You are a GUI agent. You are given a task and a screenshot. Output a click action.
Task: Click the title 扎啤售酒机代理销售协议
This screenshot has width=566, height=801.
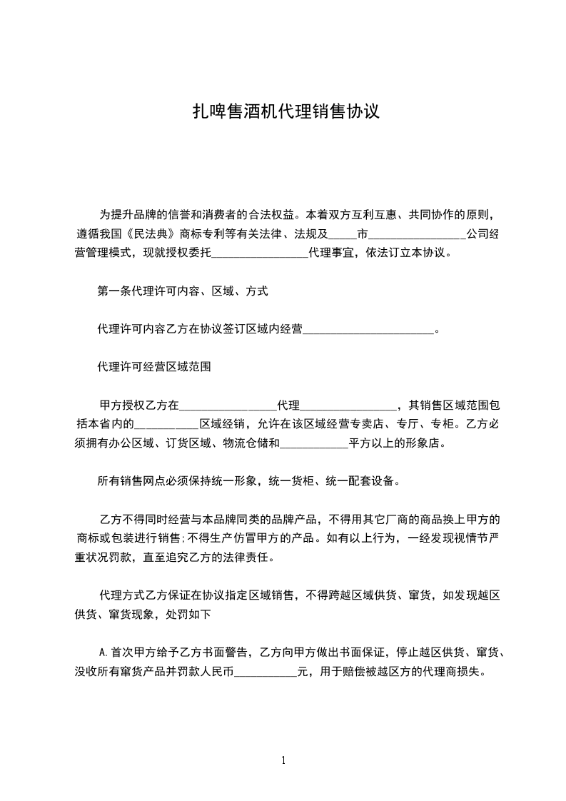coord(283,112)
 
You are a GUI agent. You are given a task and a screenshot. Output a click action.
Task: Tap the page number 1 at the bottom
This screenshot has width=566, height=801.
coord(283,760)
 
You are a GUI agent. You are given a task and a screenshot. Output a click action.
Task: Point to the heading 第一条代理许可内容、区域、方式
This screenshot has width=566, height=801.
coord(183,291)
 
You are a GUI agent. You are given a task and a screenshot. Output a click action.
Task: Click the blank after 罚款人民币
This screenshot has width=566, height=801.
coord(266,672)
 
